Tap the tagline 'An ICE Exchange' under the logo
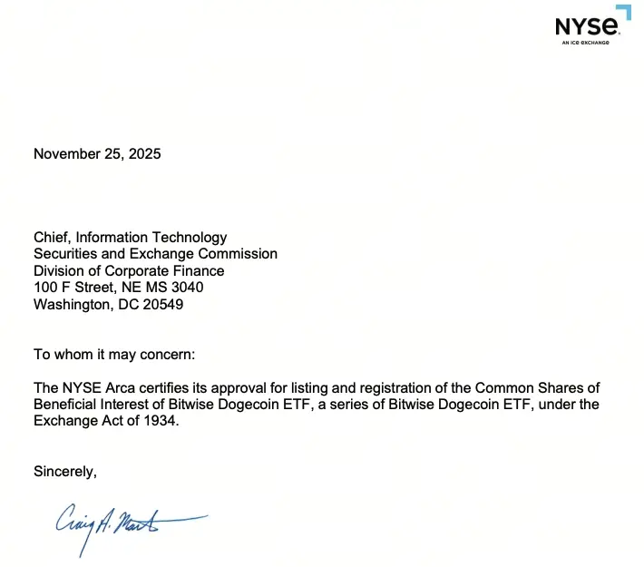coord(585,42)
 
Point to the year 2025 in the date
coord(144,154)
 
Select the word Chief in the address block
coord(52,238)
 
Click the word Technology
coord(189,238)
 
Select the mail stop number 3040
coord(185,288)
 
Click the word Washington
coord(73,305)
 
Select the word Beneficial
coord(68,405)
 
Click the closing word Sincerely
coord(64,471)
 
